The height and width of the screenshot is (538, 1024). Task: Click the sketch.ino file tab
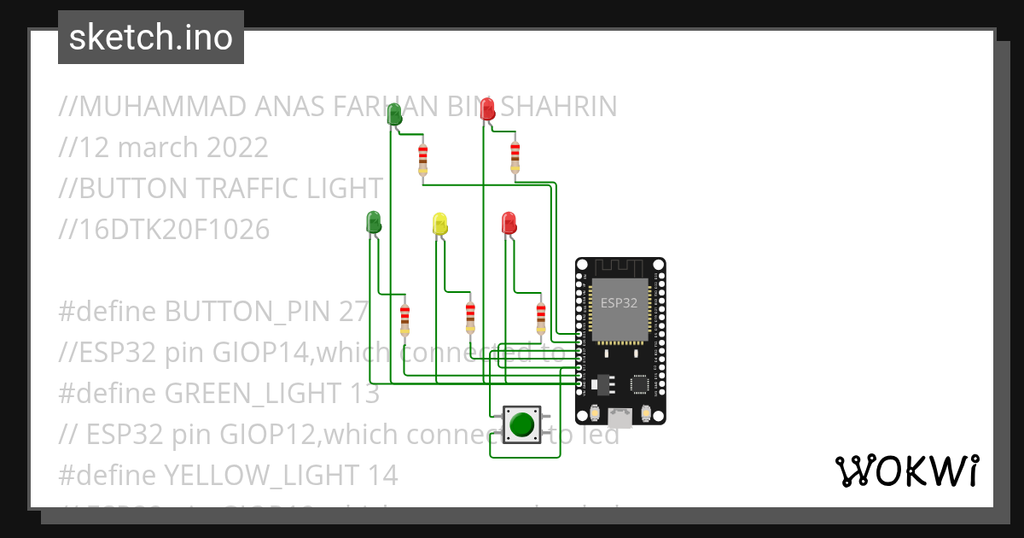pos(151,38)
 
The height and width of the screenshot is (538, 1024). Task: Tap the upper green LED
pos(394,114)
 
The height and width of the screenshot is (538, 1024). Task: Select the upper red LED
pos(487,109)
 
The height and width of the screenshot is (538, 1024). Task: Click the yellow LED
pos(440,224)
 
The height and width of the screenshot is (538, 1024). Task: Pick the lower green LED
pos(373,222)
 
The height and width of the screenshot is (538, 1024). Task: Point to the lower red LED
pos(509,224)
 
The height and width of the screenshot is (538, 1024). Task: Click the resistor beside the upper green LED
pos(423,159)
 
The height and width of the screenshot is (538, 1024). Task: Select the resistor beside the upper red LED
pos(515,157)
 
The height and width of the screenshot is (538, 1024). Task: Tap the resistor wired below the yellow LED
pos(470,318)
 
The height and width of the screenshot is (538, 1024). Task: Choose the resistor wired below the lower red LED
pos(540,318)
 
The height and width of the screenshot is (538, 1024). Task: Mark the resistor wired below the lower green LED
pos(404,319)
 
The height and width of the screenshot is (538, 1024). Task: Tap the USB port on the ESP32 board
pos(620,417)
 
